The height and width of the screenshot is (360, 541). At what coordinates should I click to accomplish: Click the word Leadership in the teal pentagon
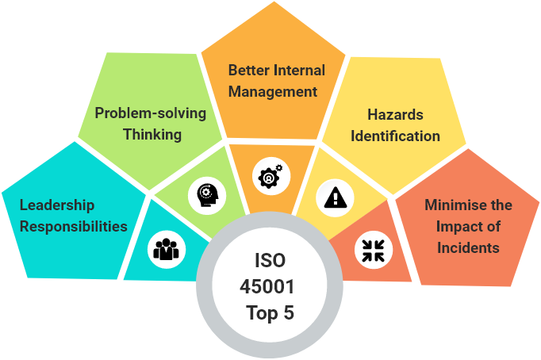click(x=57, y=206)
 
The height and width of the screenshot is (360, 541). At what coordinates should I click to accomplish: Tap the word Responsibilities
click(x=74, y=227)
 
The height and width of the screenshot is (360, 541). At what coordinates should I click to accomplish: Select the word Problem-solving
click(x=151, y=113)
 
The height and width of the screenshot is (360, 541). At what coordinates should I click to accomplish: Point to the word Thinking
click(x=152, y=135)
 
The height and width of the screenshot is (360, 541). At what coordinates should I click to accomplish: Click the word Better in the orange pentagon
click(x=248, y=71)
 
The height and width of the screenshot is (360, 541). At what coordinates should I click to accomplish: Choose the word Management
click(x=273, y=92)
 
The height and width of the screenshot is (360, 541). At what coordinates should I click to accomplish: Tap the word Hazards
click(x=395, y=115)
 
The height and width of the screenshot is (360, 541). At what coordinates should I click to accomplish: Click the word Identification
click(x=395, y=136)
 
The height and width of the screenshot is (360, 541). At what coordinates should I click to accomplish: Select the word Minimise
click(x=453, y=205)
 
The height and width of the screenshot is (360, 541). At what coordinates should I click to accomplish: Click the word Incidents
click(x=468, y=248)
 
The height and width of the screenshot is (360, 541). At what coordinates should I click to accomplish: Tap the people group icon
click(x=167, y=249)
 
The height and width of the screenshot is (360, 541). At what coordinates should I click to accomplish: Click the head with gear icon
click(x=207, y=195)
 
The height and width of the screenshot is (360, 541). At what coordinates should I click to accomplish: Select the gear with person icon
click(x=270, y=176)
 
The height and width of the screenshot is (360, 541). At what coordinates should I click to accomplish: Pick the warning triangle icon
click(x=335, y=197)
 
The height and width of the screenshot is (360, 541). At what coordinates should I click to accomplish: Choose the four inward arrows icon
click(x=374, y=251)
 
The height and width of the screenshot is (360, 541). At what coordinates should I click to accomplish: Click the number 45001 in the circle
click(x=267, y=286)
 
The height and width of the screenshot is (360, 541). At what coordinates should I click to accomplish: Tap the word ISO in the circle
click(x=270, y=260)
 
